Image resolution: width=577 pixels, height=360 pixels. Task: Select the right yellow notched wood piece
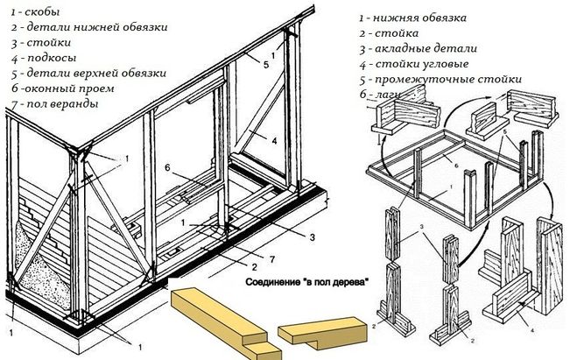coord(320,331)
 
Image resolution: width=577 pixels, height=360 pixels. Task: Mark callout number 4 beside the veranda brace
coord(273,139)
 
